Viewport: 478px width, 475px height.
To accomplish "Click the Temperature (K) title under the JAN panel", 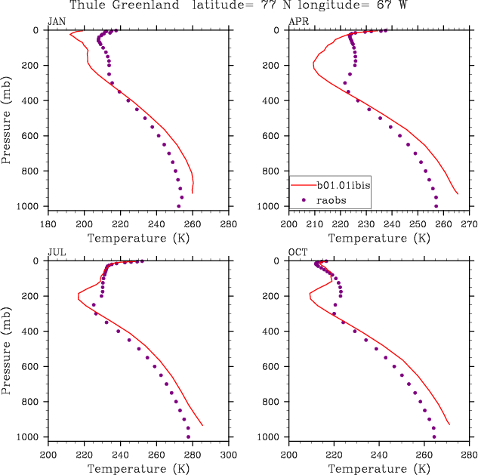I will pos(138,238).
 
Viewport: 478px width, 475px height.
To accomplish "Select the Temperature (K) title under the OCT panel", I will pos(379,469).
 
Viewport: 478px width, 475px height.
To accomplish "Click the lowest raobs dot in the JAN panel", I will pos(179,206).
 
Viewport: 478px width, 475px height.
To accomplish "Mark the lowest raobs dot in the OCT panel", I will pos(434,436).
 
